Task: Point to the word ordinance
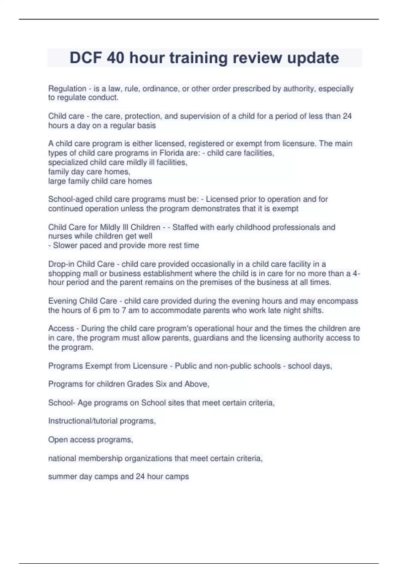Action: tap(159, 89)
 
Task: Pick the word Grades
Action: tap(141, 384)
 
